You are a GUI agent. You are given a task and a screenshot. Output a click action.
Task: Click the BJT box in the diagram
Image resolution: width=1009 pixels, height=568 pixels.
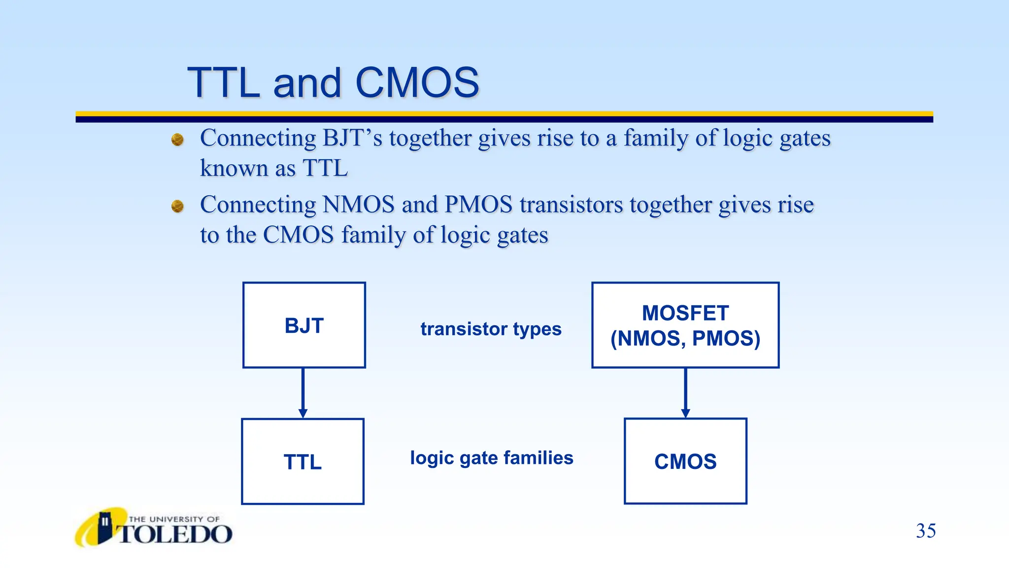(304, 325)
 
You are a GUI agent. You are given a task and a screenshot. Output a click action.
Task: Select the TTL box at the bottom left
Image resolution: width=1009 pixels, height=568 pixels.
(303, 461)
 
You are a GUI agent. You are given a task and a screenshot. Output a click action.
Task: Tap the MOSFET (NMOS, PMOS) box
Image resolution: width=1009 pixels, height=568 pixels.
(685, 325)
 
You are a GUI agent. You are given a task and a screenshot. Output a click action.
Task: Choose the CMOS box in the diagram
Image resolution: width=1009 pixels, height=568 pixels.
(685, 461)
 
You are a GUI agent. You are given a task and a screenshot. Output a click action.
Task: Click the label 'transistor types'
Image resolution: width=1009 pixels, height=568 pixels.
(491, 329)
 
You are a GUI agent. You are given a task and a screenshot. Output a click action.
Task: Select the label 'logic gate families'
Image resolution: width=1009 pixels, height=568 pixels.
(492, 458)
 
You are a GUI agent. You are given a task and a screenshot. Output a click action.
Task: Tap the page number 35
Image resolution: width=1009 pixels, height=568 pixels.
(926, 531)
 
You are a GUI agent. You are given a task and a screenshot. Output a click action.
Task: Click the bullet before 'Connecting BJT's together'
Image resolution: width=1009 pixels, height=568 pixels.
(177, 140)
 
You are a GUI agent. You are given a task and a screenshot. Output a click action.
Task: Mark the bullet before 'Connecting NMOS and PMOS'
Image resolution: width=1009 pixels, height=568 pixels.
(177, 206)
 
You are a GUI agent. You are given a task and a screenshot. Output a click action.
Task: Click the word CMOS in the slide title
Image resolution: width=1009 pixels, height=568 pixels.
(417, 83)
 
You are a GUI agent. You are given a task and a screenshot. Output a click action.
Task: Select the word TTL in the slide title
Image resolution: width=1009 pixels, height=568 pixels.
(224, 83)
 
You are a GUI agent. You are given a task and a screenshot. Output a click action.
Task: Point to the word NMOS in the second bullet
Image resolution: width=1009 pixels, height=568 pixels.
(358, 205)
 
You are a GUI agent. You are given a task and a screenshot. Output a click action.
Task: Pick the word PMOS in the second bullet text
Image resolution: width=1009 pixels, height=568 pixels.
(478, 205)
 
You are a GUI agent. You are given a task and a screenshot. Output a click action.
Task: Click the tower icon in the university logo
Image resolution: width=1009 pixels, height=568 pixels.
(105, 527)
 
